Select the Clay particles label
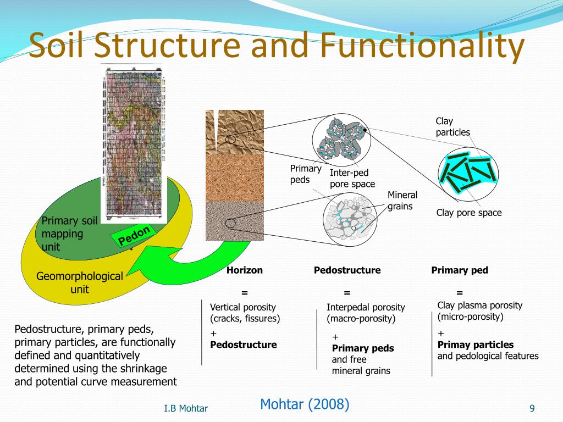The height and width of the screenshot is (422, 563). (452, 126)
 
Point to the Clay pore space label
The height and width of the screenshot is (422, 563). (469, 213)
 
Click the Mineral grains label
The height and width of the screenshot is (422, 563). (402, 201)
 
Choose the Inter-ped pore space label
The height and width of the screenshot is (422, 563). (352, 179)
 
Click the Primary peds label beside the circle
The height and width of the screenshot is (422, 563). (306, 174)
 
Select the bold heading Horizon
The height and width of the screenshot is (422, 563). (245, 270)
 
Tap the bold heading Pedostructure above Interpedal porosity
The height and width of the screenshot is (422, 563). (347, 270)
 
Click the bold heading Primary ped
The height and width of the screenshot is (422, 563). (460, 270)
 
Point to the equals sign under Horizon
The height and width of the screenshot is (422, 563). (245, 292)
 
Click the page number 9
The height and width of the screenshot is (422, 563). (532, 408)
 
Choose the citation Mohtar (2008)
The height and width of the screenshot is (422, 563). (305, 404)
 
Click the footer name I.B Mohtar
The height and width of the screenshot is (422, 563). (186, 408)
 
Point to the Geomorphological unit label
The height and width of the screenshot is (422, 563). (80, 282)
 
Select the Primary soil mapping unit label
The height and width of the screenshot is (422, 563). (69, 234)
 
